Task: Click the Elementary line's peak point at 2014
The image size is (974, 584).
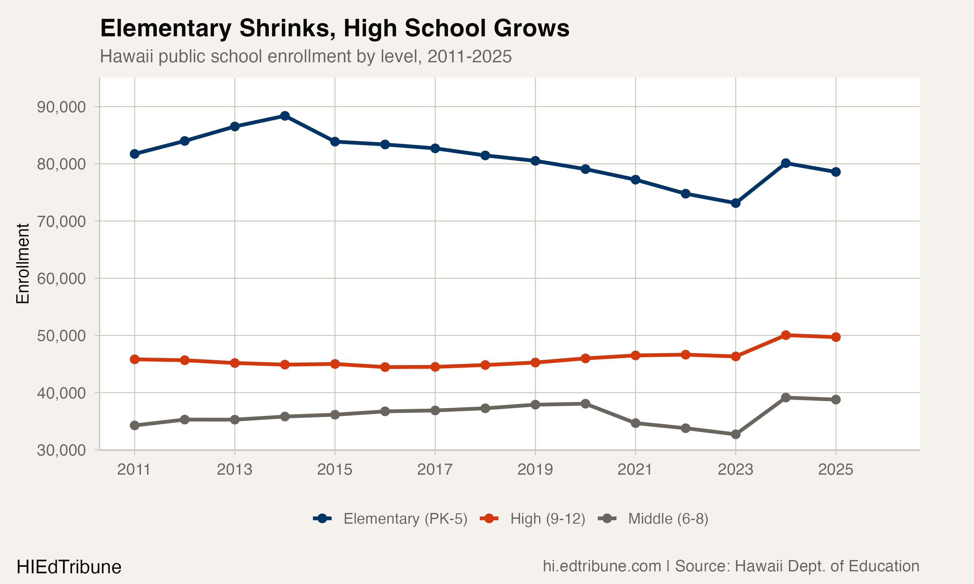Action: [x=285, y=116]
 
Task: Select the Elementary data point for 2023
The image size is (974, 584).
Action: [x=735, y=203]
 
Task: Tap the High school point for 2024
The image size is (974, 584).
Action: [x=785, y=335]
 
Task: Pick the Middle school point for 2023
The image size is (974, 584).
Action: [x=735, y=434]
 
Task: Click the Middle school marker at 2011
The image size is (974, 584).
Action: [x=135, y=425]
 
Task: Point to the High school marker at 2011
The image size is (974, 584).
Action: [x=135, y=359]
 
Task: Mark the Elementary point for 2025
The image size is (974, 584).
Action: [x=835, y=172]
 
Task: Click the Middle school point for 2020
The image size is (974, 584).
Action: [x=585, y=404]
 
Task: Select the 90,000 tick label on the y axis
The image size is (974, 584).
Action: [x=61, y=107]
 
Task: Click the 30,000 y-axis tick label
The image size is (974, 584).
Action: [x=61, y=450]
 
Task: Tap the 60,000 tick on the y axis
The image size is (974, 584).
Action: [x=61, y=279]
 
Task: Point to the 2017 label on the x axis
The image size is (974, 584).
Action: [x=435, y=469]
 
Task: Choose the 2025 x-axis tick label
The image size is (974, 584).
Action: [x=835, y=469]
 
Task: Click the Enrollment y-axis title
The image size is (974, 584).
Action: [x=23, y=264]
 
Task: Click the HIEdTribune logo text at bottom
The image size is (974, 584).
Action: [x=69, y=567]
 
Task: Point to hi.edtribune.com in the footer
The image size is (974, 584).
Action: [x=602, y=566]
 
